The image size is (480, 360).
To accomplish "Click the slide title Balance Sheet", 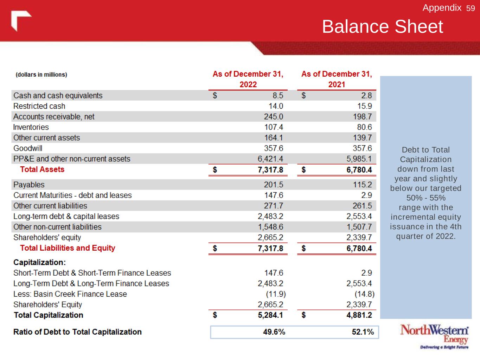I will point(382,27).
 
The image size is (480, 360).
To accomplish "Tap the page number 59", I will point(471,8).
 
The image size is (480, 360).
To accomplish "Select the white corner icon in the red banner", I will point(21,21).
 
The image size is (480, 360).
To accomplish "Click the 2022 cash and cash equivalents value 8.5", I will point(277,95).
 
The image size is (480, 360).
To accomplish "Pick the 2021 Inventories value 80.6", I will point(364,127).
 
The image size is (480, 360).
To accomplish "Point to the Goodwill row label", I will point(28,148).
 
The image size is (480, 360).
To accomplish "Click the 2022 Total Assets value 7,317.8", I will point(270,170).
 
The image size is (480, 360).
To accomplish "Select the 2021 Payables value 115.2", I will point(362,185).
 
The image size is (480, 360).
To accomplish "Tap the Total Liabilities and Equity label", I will point(68,248).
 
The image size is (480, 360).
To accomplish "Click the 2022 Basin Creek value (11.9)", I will point(276,294).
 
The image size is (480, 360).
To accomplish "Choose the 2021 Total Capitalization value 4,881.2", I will point(359,315).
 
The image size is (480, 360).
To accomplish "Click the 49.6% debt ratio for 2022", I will point(274,332).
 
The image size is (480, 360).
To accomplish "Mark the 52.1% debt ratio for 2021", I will point(363,332).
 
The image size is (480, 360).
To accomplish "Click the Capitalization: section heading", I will point(39,262).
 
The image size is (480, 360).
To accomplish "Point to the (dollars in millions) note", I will point(41,75).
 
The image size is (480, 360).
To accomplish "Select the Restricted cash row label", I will point(39,106).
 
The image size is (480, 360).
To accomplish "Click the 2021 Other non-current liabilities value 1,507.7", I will point(359,227).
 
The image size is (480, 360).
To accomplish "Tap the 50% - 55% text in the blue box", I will point(425,198).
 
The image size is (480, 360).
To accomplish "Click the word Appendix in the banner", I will point(442,8).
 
